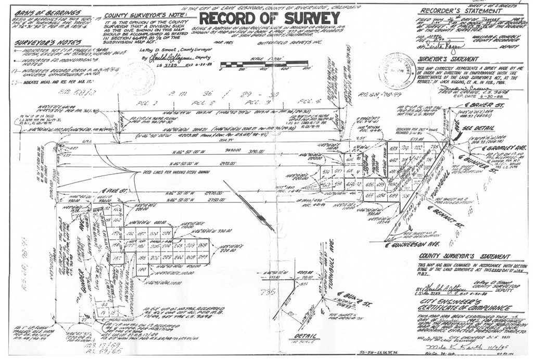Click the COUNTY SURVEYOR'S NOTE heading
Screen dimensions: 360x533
(x=139, y=16)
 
